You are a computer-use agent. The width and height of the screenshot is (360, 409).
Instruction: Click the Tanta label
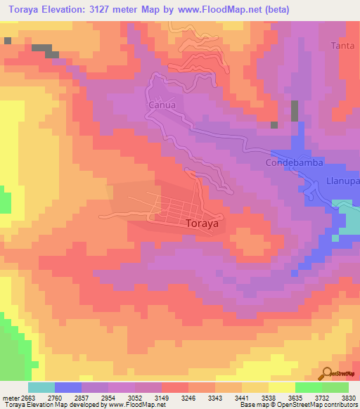[342, 46]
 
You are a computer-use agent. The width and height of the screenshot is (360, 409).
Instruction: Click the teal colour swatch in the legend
[41, 387]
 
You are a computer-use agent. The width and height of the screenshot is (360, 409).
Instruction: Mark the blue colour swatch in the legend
[67, 387]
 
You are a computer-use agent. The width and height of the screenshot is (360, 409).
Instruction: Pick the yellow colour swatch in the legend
[281, 387]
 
